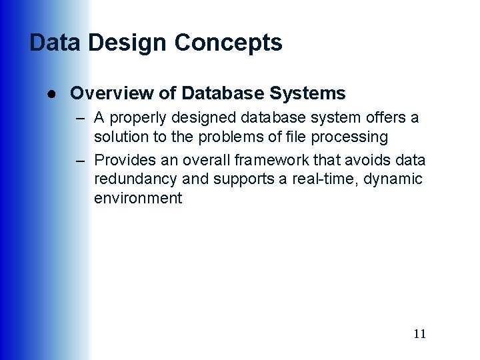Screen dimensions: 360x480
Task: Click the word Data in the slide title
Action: click(55, 43)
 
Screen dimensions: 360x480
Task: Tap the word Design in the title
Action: click(129, 43)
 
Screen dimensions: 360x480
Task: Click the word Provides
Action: click(122, 160)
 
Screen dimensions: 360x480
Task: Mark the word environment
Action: click(138, 198)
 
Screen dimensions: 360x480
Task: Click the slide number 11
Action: click(419, 334)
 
